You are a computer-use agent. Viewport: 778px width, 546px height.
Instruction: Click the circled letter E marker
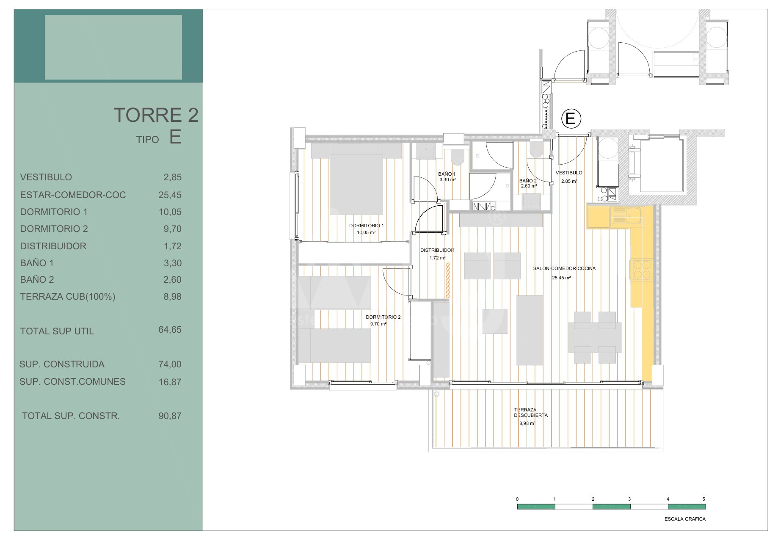571,119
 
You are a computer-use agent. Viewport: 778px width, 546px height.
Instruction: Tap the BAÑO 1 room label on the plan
447,174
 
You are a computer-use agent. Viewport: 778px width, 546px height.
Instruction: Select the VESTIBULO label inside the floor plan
569,173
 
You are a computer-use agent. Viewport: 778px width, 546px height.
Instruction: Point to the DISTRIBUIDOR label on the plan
437,250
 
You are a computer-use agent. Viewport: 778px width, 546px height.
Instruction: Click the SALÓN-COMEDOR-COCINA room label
564,268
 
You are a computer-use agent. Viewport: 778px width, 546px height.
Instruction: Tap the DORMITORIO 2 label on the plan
383,317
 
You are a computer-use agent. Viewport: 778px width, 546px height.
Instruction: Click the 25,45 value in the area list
170,195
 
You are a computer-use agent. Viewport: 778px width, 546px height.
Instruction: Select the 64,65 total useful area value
170,330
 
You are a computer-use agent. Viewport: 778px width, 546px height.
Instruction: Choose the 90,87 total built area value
170,416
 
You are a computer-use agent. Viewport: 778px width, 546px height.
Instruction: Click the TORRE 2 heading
156,115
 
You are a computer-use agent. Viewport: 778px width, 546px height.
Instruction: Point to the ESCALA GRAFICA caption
685,519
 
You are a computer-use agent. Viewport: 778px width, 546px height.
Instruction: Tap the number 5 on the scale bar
704,499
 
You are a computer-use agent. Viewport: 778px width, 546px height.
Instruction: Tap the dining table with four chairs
595,337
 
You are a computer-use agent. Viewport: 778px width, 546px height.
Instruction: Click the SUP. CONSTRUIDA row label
62,364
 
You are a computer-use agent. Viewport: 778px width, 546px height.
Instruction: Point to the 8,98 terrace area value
172,297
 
